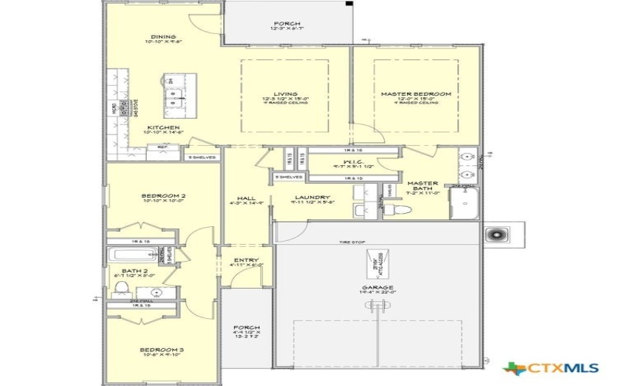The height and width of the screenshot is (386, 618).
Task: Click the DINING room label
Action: coord(163,37)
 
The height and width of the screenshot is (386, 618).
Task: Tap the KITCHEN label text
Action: coord(164,127)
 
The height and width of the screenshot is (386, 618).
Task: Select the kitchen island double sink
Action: coord(175,97)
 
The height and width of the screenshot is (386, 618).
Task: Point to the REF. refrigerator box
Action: coord(163,147)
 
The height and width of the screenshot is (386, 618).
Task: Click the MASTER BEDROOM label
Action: coord(416,94)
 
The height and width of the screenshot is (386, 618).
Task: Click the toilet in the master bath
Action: coord(394,210)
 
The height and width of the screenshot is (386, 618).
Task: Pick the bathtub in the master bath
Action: coord(466,203)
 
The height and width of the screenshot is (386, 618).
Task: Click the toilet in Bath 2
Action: coord(120,289)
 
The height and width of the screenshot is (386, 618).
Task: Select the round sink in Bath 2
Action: coord(158,293)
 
